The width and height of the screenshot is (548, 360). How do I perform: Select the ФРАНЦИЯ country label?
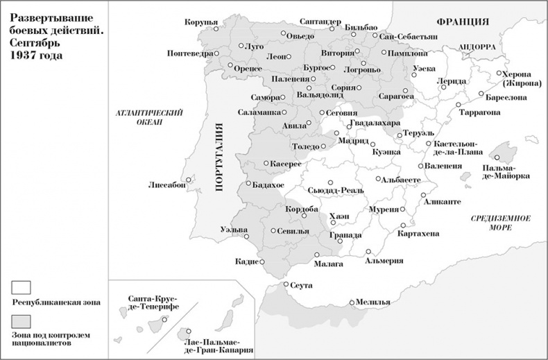click(x=459, y=22)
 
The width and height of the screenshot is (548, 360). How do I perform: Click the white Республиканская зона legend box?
click(x=21, y=286)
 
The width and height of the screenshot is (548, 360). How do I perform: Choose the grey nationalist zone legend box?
click(x=21, y=320)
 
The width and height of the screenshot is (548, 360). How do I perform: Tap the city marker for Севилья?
click(x=273, y=231)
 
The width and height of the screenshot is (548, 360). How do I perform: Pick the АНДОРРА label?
click(x=476, y=46)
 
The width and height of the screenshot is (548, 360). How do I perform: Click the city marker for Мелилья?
click(x=352, y=302)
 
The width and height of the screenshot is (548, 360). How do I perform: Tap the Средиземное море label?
click(x=500, y=222)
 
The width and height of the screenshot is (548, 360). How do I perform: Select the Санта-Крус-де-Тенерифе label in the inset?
click(x=154, y=302)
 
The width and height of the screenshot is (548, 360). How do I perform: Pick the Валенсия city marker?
click(x=421, y=166)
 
